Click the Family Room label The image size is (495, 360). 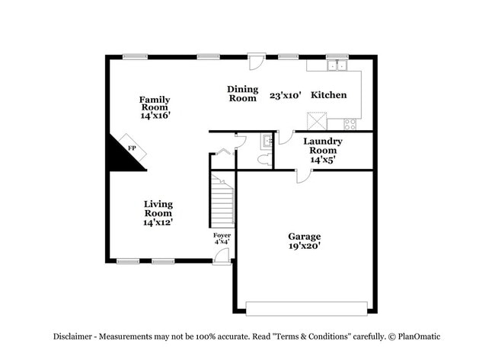tap(154, 107)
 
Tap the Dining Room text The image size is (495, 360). tap(242, 94)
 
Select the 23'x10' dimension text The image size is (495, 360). tap(286, 95)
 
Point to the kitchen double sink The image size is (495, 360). tap(336, 66)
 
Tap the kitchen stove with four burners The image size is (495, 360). tap(350, 123)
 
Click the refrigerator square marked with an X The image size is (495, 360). tap(316, 121)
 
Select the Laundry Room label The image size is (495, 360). tap(323, 150)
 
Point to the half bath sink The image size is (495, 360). tap(267, 141)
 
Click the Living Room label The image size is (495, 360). tap(158, 213)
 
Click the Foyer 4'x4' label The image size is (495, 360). tap(222, 239)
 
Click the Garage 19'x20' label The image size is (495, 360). tap(304, 241)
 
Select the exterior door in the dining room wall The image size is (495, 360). tap(257, 60)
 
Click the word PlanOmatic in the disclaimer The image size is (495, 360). tap(414, 336)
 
